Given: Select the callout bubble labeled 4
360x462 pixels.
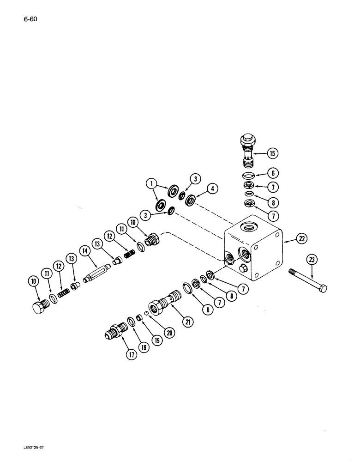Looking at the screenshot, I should pos(212,188).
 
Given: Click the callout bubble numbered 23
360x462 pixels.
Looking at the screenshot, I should pos(312,260).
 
